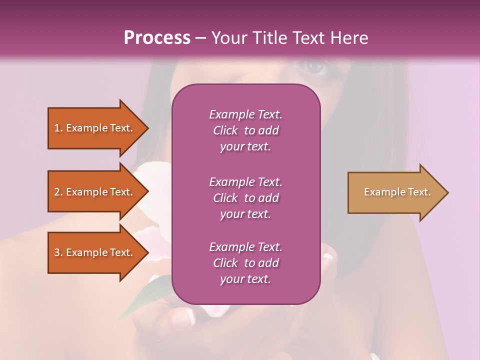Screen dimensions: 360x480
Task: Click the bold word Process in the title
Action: click(x=157, y=38)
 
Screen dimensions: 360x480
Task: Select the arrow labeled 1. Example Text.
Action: click(x=95, y=128)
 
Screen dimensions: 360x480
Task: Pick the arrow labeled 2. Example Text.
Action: click(x=95, y=192)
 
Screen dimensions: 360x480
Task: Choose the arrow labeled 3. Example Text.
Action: click(x=95, y=252)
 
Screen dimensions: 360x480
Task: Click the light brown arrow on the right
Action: click(x=395, y=192)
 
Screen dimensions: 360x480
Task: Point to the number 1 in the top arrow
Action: click(x=57, y=128)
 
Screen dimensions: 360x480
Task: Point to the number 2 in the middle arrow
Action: click(x=57, y=192)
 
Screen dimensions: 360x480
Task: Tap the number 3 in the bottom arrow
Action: click(x=57, y=252)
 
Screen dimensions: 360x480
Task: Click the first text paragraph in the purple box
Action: click(x=245, y=130)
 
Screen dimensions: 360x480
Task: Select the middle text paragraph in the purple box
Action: click(x=245, y=198)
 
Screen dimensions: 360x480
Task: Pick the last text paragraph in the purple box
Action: click(x=245, y=263)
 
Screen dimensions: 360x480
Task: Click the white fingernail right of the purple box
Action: click(x=328, y=258)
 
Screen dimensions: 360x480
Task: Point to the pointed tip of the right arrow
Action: click(x=447, y=192)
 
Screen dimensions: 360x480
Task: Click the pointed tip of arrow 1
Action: click(x=147, y=128)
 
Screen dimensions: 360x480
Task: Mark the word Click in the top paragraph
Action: click(x=225, y=130)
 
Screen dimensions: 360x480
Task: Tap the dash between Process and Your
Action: click(x=200, y=38)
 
